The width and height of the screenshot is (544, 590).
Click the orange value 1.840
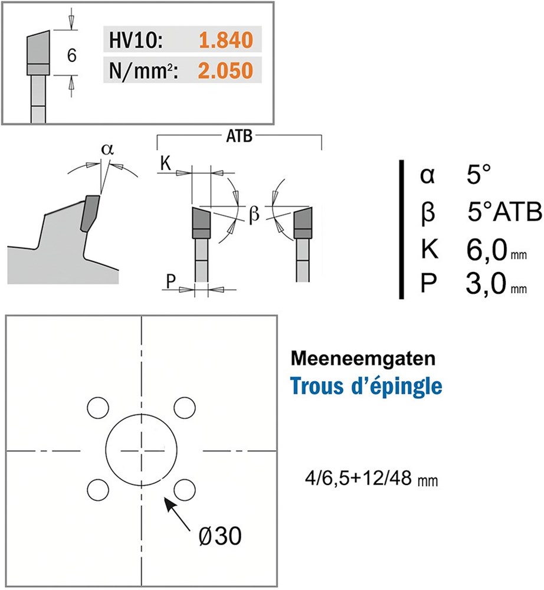[x=225, y=40]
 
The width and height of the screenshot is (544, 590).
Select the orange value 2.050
[x=225, y=71]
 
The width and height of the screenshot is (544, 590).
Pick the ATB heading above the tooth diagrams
[x=240, y=137]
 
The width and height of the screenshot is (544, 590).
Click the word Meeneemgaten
[x=363, y=359]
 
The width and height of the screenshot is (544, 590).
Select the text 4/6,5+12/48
[x=359, y=478]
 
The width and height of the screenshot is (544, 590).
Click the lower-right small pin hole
[x=185, y=489]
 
